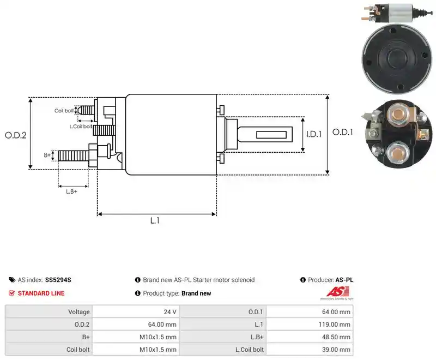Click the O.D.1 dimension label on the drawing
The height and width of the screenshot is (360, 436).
tap(343, 132)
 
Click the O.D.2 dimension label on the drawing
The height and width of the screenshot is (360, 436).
tap(16, 135)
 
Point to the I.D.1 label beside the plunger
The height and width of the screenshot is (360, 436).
tap(314, 134)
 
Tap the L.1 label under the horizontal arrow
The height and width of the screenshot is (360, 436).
tap(155, 220)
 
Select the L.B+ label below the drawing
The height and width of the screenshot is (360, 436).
tap(71, 191)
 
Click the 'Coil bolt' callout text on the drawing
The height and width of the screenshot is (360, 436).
tap(64, 111)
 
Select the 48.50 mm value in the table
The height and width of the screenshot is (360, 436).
tap(336, 337)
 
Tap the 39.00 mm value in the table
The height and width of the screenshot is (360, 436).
tap(336, 350)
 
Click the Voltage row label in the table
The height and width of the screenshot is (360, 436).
tap(79, 312)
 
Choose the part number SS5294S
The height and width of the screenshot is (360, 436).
tap(58, 280)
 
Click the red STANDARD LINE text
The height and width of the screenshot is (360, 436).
tap(41, 293)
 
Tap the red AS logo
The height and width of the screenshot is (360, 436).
tap(337, 292)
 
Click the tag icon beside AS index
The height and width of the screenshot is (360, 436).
tap(12, 280)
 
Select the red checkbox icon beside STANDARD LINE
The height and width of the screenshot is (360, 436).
tap(11, 293)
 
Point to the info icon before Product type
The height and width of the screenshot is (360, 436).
tap(138, 293)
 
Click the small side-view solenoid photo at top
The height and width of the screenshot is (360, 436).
tap(397, 13)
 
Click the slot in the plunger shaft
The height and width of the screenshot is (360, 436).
tap(271, 135)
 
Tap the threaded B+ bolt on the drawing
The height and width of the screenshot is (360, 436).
tap(74, 155)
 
